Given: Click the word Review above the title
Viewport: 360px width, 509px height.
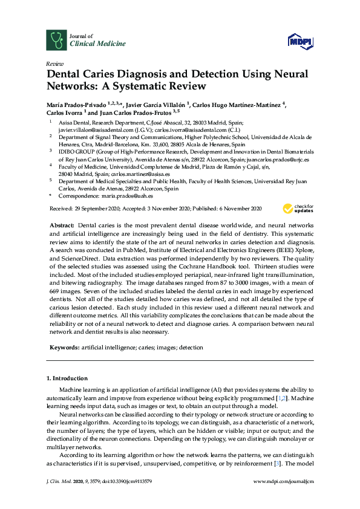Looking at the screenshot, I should tap(54, 63).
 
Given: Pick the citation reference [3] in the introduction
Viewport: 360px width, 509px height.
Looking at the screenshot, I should tap(276, 463).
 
